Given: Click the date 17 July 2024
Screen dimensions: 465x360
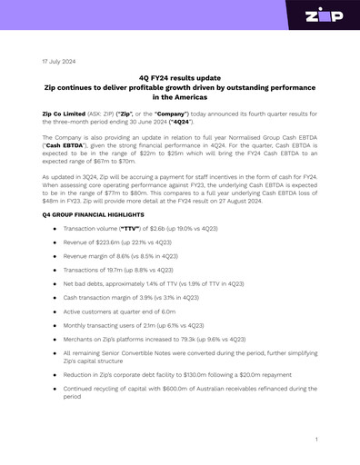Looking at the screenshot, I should click(59, 62).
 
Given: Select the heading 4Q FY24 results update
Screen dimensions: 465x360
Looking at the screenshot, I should click(180, 79).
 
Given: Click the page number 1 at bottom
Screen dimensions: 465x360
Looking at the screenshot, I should click(315, 440).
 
